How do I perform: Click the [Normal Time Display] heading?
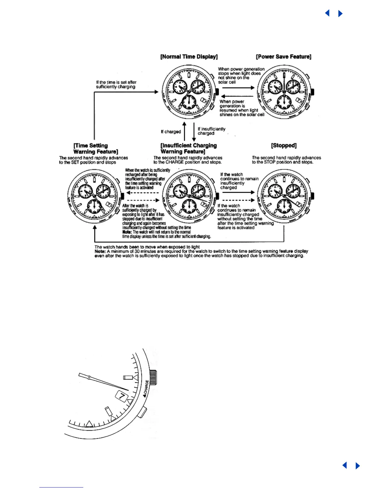click(189, 57)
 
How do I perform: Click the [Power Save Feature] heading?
click(283, 57)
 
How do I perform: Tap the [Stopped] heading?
click(284, 145)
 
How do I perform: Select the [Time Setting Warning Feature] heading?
click(95, 148)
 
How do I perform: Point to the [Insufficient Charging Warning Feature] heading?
click(188, 148)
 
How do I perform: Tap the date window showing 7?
click(122, 396)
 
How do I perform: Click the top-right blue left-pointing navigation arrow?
click(327, 13)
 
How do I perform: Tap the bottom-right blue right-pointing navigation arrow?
click(358, 466)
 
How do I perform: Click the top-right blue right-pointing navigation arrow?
click(341, 14)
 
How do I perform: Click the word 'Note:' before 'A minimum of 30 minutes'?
click(100, 251)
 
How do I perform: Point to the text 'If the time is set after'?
click(116, 82)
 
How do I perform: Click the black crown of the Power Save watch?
click(313, 92)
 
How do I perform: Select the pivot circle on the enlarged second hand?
click(89, 377)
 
